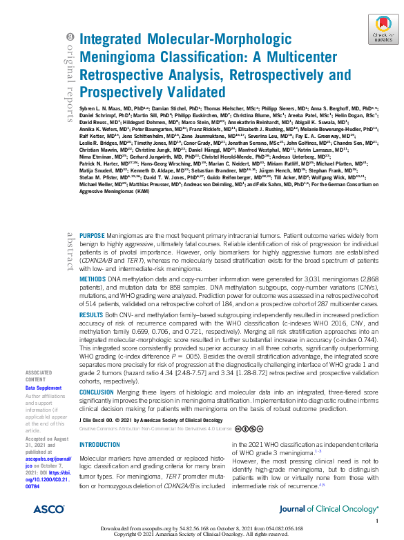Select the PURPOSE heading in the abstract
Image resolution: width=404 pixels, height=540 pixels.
pyautogui.click(x=93, y=235)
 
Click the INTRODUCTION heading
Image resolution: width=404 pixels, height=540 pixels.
pyautogui.click(x=99, y=426)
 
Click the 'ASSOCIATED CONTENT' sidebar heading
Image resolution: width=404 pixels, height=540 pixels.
pyautogui.click(x=38, y=376)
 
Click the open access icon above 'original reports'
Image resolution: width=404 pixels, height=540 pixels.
pyautogui.click(x=68, y=37)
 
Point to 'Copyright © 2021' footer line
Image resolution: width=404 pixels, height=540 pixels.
pyautogui.click(x=202, y=534)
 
